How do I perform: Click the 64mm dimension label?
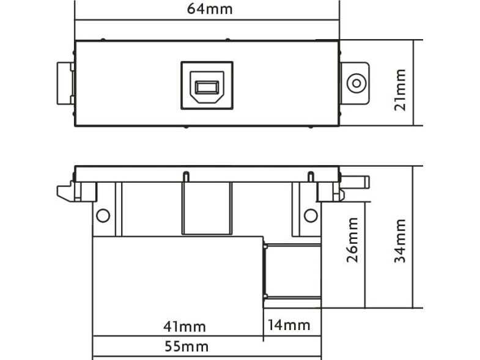(210, 9)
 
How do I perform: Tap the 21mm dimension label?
(401, 90)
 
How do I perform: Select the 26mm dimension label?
(352, 240)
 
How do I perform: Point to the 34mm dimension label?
(400, 241)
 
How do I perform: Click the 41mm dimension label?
(184, 326)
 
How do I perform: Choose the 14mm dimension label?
(289, 325)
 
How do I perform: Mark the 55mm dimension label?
(186, 347)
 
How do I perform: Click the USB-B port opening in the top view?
(207, 87)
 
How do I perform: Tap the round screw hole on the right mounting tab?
(356, 83)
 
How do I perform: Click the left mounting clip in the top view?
(65, 83)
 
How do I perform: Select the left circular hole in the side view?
(103, 216)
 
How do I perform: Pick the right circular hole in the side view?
(311, 216)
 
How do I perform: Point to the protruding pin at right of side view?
(355, 182)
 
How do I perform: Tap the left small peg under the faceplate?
(186, 177)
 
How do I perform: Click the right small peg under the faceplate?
(311, 177)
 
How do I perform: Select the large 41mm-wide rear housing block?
(178, 286)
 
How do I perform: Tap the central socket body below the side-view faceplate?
(207, 208)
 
